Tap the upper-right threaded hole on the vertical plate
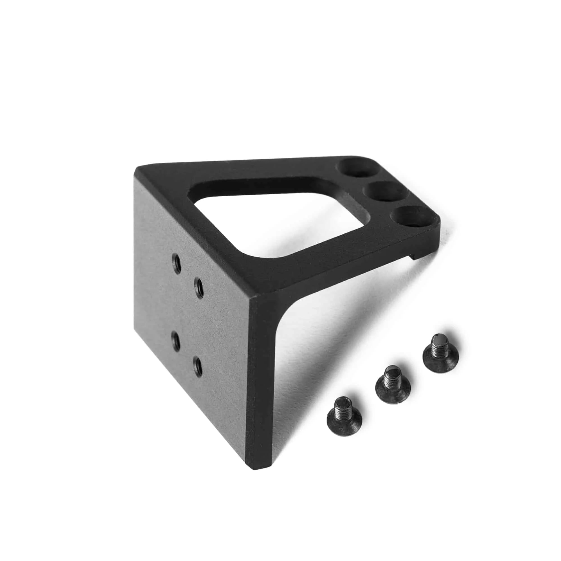pos(199,288)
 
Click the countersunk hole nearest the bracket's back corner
pos(354,168)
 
